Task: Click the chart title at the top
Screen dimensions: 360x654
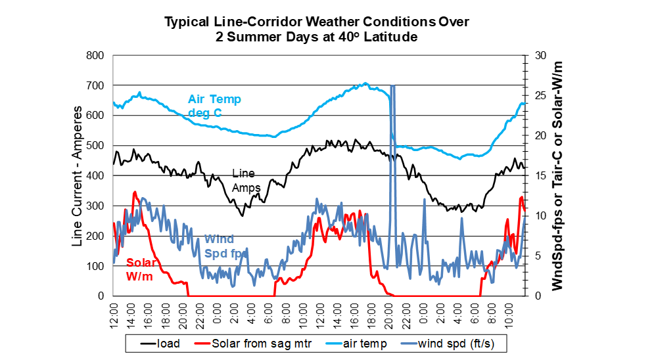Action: click(317, 30)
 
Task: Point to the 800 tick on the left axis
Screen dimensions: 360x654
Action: click(95, 56)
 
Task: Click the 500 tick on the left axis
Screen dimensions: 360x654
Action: click(95, 146)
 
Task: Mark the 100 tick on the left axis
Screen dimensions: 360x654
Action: click(95, 266)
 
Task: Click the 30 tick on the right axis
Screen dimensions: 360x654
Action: click(537, 56)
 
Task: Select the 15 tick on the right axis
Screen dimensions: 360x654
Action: click(537, 176)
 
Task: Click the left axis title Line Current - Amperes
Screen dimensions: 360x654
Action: click(78, 176)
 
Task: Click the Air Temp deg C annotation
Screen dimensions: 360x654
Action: click(214, 106)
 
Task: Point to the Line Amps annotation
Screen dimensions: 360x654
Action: click(246, 181)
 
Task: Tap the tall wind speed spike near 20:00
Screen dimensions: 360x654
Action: click(392, 131)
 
